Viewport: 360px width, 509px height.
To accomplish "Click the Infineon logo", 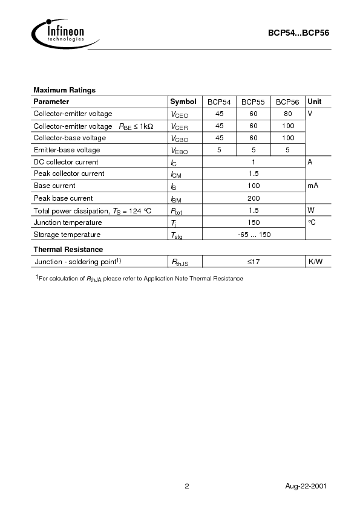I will click(59, 31).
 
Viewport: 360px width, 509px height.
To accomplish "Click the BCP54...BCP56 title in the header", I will click(298, 34).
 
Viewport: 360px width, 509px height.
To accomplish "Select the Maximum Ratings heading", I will click(64, 90).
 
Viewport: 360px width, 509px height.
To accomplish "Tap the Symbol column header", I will click(183, 102).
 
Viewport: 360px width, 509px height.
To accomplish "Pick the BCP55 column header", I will click(253, 102).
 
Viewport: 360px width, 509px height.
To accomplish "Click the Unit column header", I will click(315, 102).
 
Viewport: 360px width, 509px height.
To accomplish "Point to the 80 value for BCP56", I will click(287, 114).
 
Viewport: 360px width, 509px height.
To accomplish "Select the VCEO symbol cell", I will click(180, 114).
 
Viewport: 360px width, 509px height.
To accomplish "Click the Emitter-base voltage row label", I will click(67, 149).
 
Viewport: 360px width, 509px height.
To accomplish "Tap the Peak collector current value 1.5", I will click(254, 173).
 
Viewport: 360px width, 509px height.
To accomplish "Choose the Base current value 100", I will click(254, 186).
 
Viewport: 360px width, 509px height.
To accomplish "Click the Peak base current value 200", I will click(254, 198).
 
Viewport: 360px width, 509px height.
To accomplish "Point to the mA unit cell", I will click(313, 186).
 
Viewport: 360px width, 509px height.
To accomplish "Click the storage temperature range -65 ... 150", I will click(254, 235).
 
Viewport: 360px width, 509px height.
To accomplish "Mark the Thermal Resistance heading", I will click(68, 249).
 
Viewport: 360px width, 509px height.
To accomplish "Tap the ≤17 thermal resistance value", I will click(254, 261).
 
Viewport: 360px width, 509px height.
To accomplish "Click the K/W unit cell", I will click(315, 261).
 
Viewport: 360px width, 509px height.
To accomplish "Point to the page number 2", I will click(187, 487).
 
